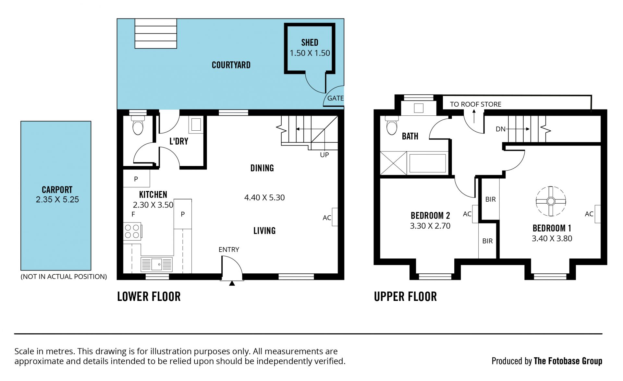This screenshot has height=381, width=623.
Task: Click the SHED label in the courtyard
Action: [x=310, y=42]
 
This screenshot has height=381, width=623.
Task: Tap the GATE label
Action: [x=335, y=98]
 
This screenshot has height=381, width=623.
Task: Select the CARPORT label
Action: [x=57, y=190]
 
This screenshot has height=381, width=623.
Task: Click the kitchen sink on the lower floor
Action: [x=156, y=265]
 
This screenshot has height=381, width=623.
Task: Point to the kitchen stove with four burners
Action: [x=132, y=231]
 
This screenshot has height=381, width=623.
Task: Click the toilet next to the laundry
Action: [x=138, y=125]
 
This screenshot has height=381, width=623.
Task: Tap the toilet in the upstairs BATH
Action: [x=392, y=125]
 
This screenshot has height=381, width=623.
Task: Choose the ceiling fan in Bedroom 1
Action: [x=551, y=201]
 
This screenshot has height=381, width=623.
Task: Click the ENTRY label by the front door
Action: [x=229, y=250]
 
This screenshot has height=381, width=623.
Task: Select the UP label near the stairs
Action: [x=324, y=155]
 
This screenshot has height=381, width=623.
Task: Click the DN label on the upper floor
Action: [x=500, y=129]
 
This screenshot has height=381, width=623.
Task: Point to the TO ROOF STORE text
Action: [x=475, y=104]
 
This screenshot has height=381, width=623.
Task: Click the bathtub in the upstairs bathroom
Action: [x=428, y=163]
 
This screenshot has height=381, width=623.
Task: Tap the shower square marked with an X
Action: [x=393, y=163]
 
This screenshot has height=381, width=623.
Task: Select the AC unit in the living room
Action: [x=335, y=217]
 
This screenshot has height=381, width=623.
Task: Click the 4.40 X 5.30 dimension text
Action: [x=264, y=197]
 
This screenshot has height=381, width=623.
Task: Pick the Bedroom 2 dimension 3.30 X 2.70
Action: [x=430, y=226]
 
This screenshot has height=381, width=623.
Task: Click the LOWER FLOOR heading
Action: [x=149, y=296]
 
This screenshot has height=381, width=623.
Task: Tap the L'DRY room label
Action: [x=179, y=141]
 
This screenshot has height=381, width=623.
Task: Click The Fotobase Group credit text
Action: [x=568, y=361]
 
